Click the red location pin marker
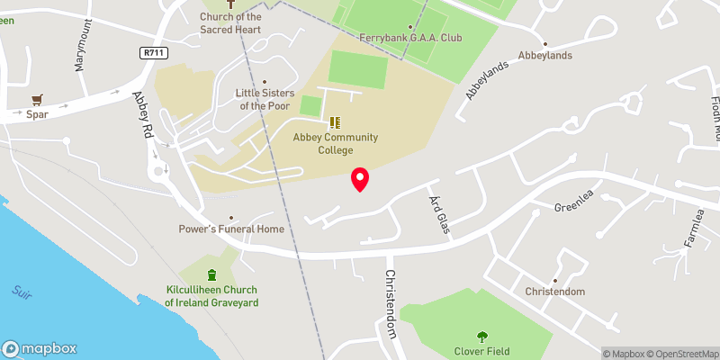[x=360, y=178]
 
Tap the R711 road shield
[x=154, y=54]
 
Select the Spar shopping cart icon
[x=37, y=100]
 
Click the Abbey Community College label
[x=335, y=143]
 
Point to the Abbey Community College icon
[x=335, y=122]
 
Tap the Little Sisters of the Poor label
[x=264, y=98]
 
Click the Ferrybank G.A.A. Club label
[x=410, y=39]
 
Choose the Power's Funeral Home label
[x=231, y=229]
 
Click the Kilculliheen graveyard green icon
[x=211, y=275]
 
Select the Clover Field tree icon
[x=482, y=337]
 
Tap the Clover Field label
[x=482, y=352]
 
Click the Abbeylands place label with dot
[x=544, y=55]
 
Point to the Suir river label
[x=22, y=292]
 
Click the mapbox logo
[x=40, y=349]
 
